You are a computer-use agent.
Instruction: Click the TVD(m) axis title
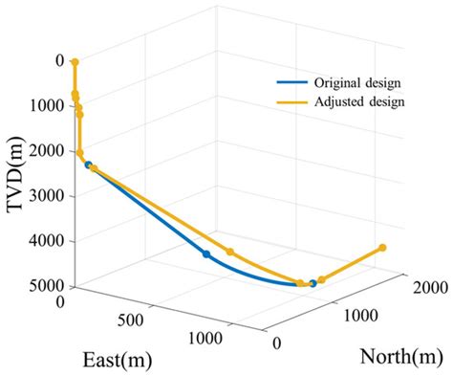coord(16,175)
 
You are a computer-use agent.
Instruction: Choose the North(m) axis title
coord(401,356)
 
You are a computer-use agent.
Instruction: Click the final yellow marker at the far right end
coord(383,248)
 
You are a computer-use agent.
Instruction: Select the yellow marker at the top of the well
coord(75,62)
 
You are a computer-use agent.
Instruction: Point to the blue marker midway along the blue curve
coord(206,254)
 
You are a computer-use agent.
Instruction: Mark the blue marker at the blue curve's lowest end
coord(313,283)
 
